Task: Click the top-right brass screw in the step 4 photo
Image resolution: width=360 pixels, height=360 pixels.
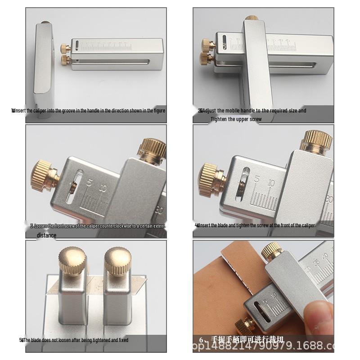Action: pos(318,140)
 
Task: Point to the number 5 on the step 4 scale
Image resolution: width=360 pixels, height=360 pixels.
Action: pos(257,180)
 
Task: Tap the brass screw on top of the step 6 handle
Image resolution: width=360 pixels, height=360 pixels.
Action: pos(272,251)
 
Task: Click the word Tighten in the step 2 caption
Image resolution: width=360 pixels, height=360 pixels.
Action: pos(219,119)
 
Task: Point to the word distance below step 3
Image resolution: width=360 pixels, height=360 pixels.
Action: pos(46,235)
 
